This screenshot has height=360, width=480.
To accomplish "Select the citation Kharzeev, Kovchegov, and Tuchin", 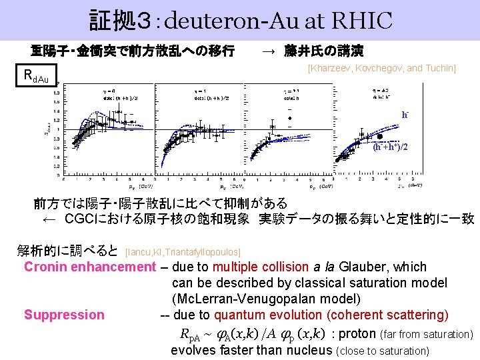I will click(x=381, y=69).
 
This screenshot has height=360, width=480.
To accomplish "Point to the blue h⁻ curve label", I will click(x=405, y=115).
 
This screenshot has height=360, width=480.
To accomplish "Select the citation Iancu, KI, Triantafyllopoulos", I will click(x=183, y=251).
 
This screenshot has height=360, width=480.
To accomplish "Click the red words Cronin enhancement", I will click(x=89, y=267).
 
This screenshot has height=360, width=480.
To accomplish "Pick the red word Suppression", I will click(x=64, y=315).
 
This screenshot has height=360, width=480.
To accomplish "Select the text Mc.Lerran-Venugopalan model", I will click(x=266, y=299).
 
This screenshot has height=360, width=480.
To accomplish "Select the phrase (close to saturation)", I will click(x=385, y=351).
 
